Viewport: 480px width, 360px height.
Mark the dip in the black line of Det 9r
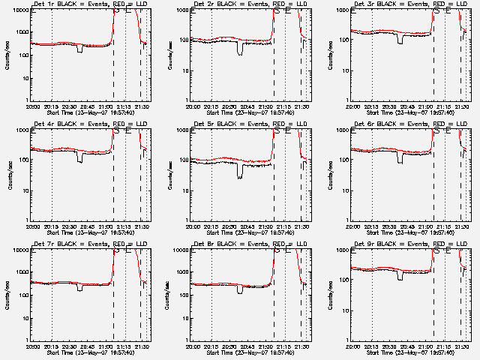pyautogui.click(x=400, y=276)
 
